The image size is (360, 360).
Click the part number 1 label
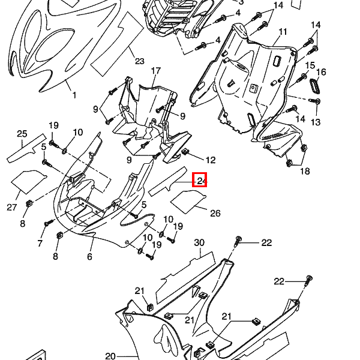click(74, 95)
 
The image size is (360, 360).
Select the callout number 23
click(140, 61)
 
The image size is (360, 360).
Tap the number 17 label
click(156, 71)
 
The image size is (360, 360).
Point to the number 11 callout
click(283, 32)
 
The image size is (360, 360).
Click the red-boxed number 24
click(200, 179)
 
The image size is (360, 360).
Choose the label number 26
click(215, 213)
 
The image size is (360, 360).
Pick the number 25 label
click(22, 133)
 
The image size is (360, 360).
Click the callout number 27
click(12, 208)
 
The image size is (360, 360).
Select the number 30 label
click(200, 242)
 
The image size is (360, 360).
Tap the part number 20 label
click(110, 356)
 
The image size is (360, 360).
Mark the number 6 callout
click(89, 257)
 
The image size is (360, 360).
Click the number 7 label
click(40, 243)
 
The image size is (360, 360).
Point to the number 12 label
click(210, 160)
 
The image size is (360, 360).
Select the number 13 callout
click(316, 122)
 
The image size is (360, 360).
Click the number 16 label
click(321, 72)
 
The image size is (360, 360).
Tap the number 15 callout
click(310, 65)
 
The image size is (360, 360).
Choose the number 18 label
click(305, 172)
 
